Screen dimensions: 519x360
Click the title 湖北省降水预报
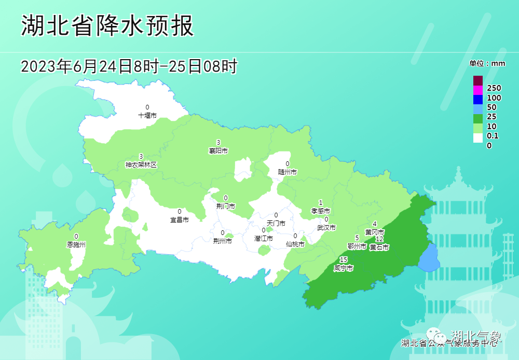pos(107,26)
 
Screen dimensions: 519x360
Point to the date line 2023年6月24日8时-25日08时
pos(129,66)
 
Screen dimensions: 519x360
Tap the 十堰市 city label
pos(147,116)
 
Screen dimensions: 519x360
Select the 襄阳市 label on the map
pos(218,151)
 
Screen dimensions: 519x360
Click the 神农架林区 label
pos(141,164)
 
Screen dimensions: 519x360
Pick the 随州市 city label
pos(287,172)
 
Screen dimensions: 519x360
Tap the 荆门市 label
pos(225,206)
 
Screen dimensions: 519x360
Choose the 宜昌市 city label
pos(180,219)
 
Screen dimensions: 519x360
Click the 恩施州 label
pos(76,244)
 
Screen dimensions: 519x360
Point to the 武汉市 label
pos(326,227)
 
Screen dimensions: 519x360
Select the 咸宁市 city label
pos(344,268)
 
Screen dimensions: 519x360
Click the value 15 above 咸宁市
pos(343,260)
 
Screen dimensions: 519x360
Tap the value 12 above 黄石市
pos(379,239)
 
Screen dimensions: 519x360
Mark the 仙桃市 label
pos(295,244)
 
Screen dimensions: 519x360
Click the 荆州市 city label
pos(223,241)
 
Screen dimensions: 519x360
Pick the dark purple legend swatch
pos(477,80)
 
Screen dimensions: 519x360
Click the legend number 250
pos(494,88)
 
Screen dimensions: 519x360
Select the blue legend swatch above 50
pos(477,99)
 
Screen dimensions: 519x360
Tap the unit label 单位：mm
pos(487,63)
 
